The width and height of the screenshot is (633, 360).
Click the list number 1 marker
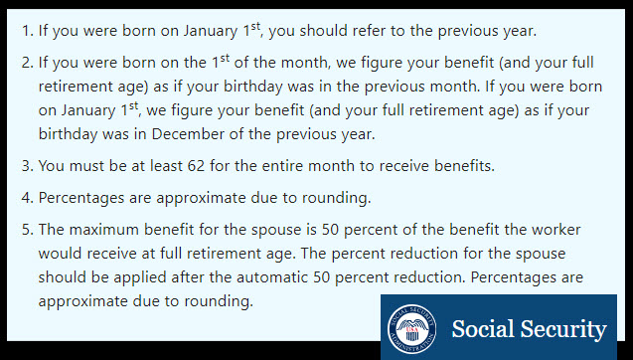pyautogui.click(x=27, y=30)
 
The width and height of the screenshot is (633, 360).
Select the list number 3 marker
pyautogui.click(x=27, y=165)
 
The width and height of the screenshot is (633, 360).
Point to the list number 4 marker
pyautogui.click(x=27, y=198)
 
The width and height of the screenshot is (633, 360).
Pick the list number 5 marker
pyautogui.click(x=27, y=231)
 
